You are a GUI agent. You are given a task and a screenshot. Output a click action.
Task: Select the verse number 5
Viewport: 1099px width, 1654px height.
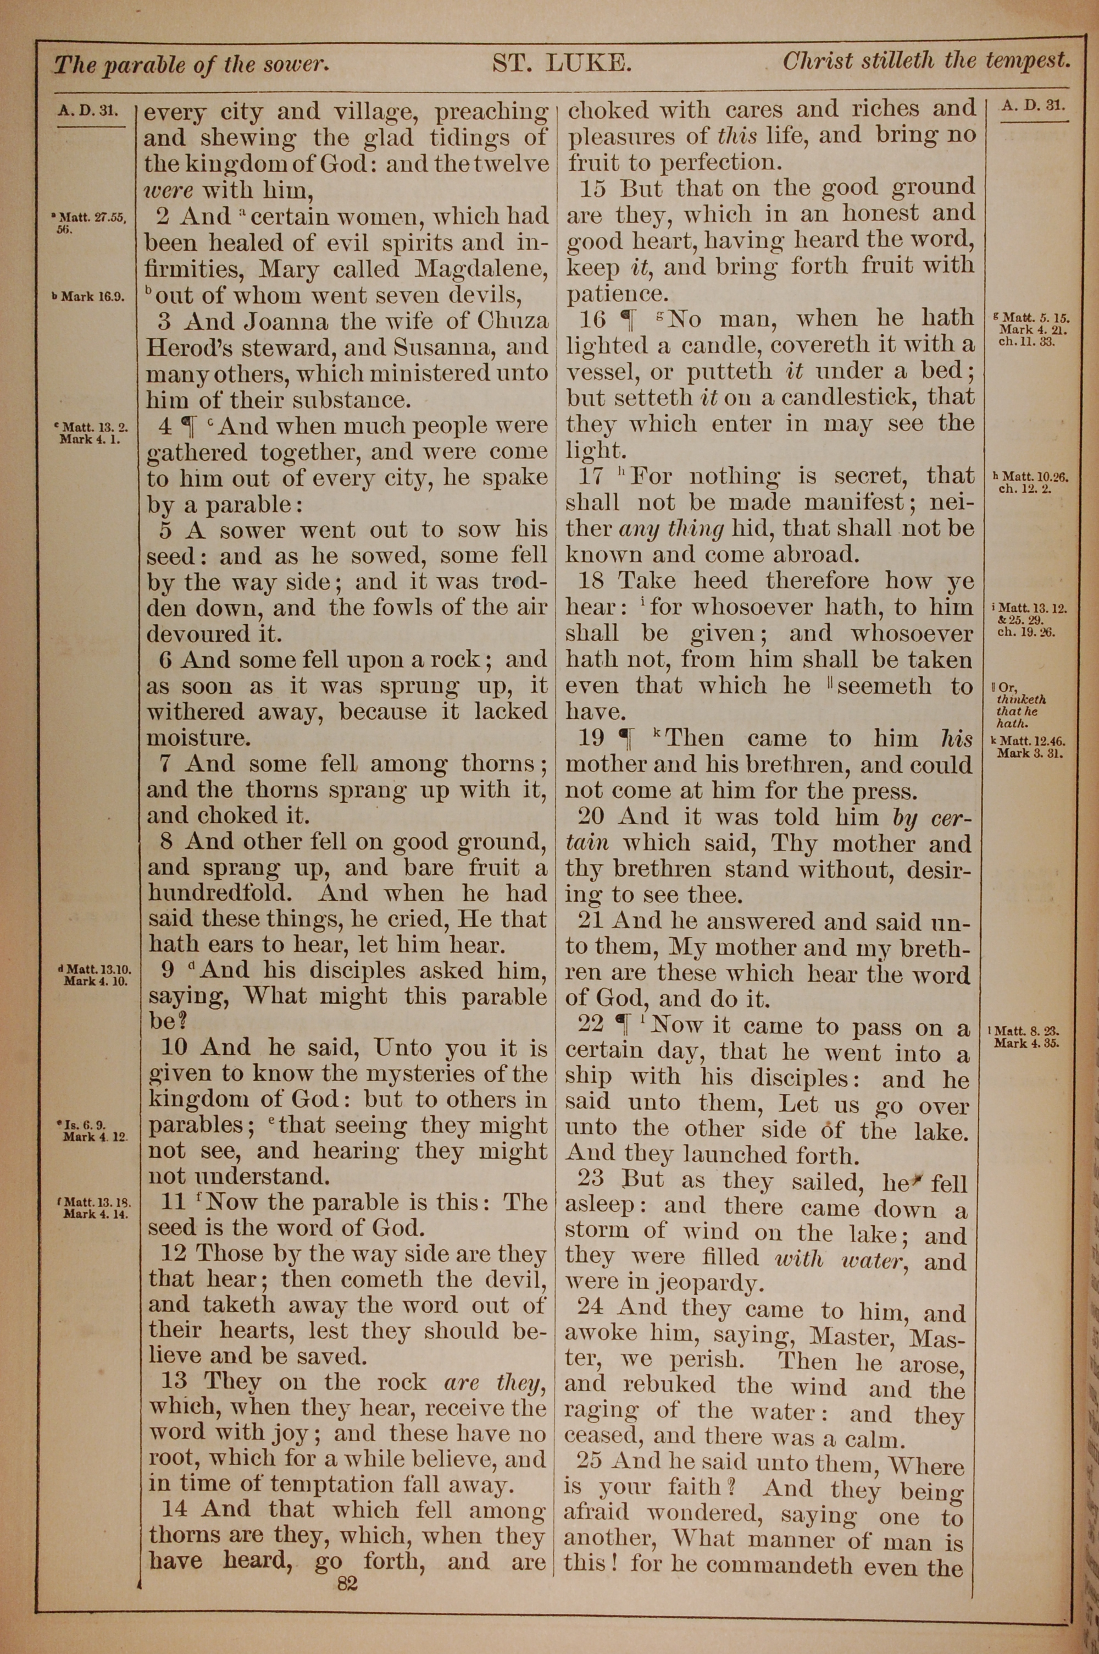click(x=165, y=530)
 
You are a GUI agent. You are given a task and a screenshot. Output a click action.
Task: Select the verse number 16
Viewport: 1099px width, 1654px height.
click(x=593, y=319)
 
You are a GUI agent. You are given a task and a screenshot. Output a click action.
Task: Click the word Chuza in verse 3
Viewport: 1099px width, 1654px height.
click(x=513, y=322)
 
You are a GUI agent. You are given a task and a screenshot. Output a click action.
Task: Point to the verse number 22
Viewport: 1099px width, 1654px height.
click(x=590, y=1024)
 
